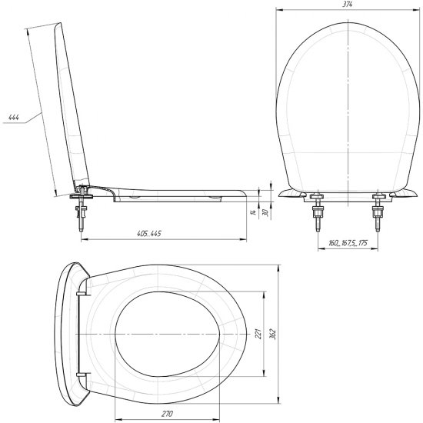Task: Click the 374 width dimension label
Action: tap(348, 4)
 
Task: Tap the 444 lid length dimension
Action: tap(14, 118)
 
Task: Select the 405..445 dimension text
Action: tap(149, 233)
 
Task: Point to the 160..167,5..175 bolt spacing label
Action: tap(348, 243)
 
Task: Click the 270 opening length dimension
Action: tap(167, 413)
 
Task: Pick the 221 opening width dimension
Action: tap(258, 334)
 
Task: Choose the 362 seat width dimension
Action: tap(273, 334)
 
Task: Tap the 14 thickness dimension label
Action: tap(253, 212)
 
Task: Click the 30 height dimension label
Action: tap(265, 212)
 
